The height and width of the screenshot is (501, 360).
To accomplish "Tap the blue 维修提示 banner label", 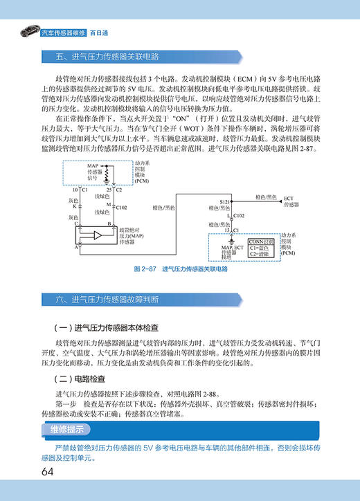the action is (x=66, y=430).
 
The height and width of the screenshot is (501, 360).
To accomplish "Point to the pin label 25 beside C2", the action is (x=109, y=189).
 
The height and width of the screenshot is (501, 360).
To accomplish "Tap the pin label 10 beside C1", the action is (x=77, y=189).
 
